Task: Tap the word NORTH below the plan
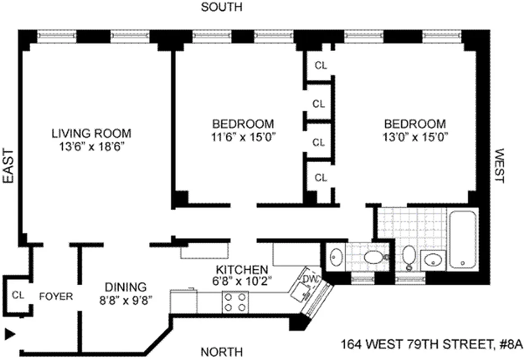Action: (221, 351)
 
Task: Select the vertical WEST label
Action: (498, 166)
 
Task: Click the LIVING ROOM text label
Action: (91, 133)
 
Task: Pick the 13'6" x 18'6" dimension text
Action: (91, 146)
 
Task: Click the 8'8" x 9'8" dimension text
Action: (125, 299)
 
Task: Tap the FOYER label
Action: (56, 297)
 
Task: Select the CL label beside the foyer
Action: (18, 296)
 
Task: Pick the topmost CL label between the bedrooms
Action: (320, 66)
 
